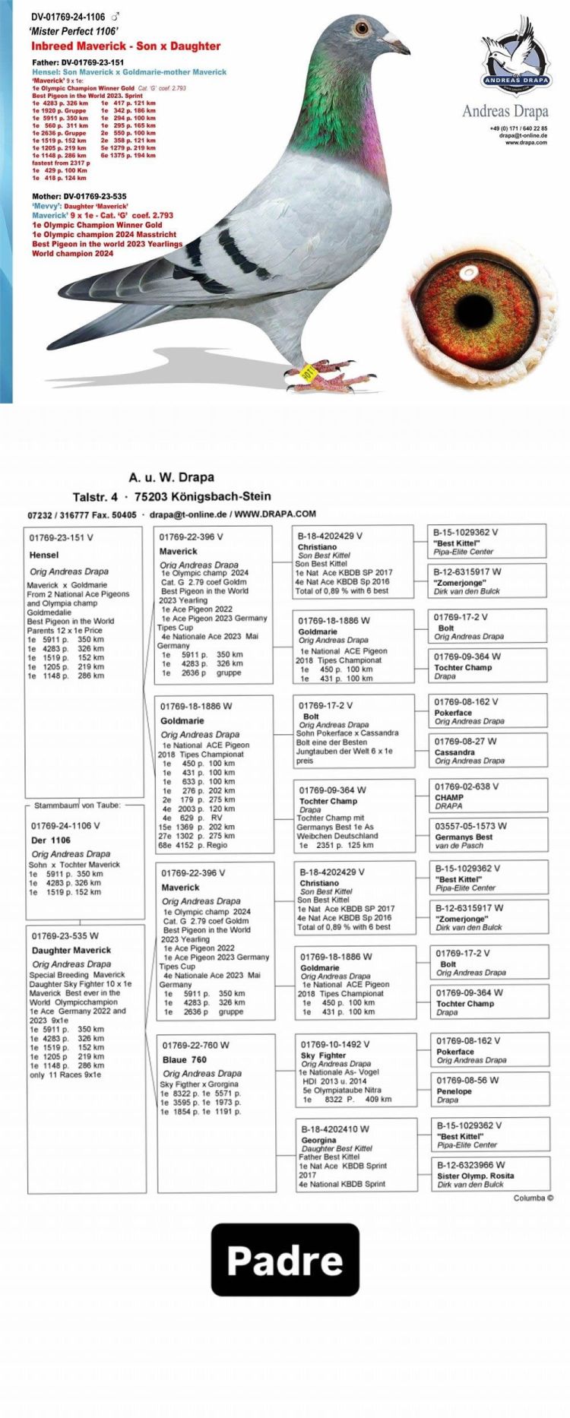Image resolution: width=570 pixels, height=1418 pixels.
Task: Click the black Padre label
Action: click(285, 1259)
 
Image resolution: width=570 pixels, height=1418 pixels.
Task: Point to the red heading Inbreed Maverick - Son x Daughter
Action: click(126, 46)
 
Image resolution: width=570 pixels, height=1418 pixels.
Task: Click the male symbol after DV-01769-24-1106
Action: click(116, 17)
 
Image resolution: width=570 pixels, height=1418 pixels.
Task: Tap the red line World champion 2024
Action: click(72, 254)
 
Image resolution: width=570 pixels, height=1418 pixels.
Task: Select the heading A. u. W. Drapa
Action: click(171, 477)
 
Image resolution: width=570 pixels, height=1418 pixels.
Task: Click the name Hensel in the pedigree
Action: click(44, 555)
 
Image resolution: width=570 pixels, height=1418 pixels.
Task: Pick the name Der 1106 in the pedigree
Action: click(51, 840)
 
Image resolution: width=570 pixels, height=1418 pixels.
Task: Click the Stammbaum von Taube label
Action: click(77, 805)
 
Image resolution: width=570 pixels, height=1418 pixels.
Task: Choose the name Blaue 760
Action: click(184, 1059)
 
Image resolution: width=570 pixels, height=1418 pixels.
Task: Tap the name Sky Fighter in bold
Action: click(323, 1056)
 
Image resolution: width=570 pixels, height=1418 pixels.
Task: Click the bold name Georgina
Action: click(318, 1141)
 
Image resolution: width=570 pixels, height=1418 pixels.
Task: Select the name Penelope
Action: click(454, 1091)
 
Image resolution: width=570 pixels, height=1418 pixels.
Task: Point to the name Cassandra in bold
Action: click(454, 752)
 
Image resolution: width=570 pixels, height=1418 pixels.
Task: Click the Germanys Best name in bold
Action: click(464, 837)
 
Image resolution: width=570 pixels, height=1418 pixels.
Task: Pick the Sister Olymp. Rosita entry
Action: click(475, 1176)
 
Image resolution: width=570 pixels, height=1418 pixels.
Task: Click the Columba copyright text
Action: click(533, 1198)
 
